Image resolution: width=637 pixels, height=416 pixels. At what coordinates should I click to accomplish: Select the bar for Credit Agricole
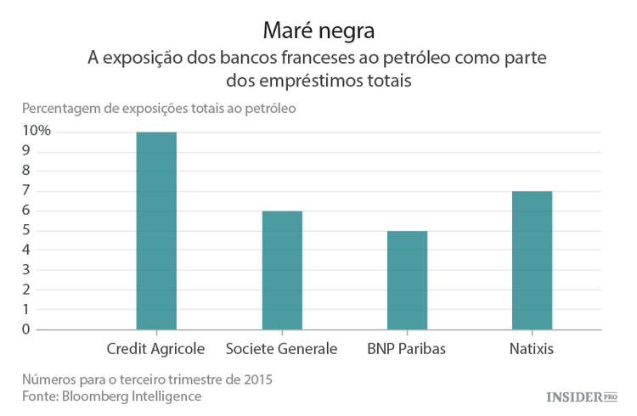click(156, 230)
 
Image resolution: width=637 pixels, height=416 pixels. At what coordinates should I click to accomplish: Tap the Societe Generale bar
click(281, 270)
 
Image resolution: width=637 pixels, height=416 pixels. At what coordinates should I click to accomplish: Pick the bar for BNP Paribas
click(407, 280)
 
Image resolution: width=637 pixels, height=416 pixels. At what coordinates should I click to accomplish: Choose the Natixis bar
click(532, 260)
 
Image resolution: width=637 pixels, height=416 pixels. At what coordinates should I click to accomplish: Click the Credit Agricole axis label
click(155, 349)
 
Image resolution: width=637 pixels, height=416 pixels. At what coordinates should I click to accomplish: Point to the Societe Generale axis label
click(281, 349)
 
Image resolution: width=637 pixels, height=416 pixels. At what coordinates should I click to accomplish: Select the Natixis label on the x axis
click(532, 349)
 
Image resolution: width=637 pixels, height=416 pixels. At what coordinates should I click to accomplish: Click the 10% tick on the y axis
click(37, 131)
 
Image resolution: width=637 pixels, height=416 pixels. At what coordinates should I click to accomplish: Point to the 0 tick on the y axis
click(26, 329)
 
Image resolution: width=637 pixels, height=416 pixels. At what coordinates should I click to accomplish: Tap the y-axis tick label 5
click(26, 230)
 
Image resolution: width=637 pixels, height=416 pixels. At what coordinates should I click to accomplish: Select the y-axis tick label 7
click(26, 190)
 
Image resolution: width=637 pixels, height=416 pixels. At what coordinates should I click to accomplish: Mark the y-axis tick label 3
click(26, 269)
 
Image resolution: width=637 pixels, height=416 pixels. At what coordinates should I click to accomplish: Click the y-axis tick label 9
click(26, 150)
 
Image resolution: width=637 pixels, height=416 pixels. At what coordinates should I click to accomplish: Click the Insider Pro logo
click(581, 396)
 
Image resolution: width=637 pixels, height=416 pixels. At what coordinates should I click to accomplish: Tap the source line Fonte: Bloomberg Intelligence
click(112, 396)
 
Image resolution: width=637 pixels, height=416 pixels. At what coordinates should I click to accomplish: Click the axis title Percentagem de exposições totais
click(159, 109)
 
